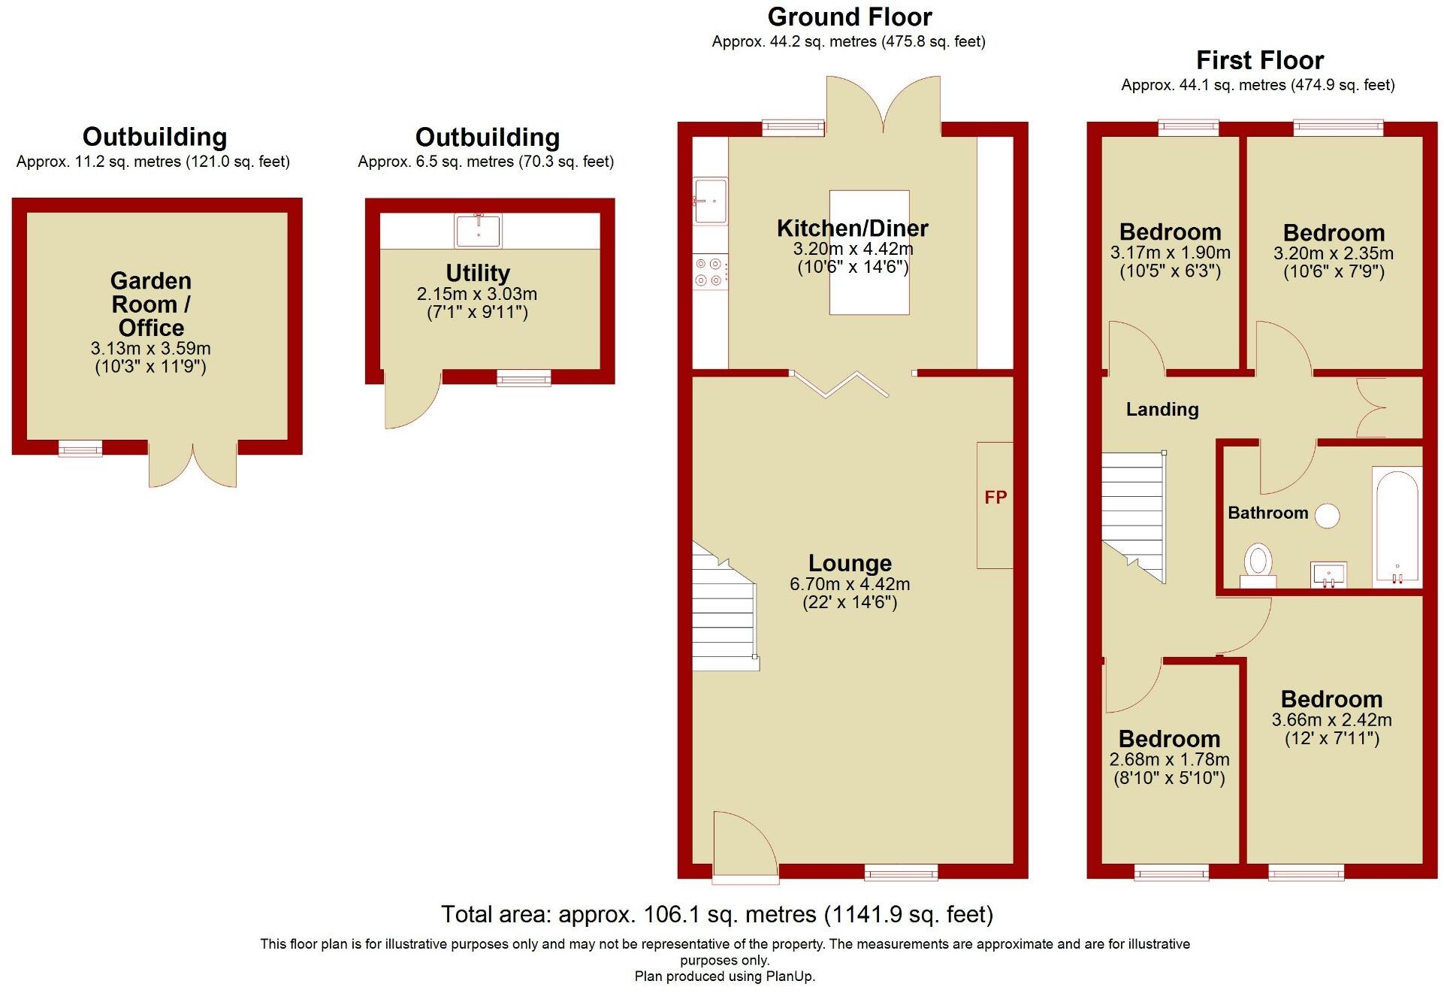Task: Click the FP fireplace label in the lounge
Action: [995, 498]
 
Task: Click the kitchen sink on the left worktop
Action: [710, 201]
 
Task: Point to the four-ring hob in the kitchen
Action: [708, 272]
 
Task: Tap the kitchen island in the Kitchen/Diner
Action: [869, 253]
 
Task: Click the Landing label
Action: [1162, 410]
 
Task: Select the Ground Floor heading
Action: [849, 17]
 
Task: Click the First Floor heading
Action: [1259, 60]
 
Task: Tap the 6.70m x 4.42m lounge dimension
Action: [849, 584]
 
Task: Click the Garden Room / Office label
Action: [151, 304]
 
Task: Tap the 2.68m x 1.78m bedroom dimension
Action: [1169, 760]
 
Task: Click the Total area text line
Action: [717, 914]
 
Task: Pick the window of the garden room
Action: [80, 449]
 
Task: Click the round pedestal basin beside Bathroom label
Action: [1328, 516]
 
